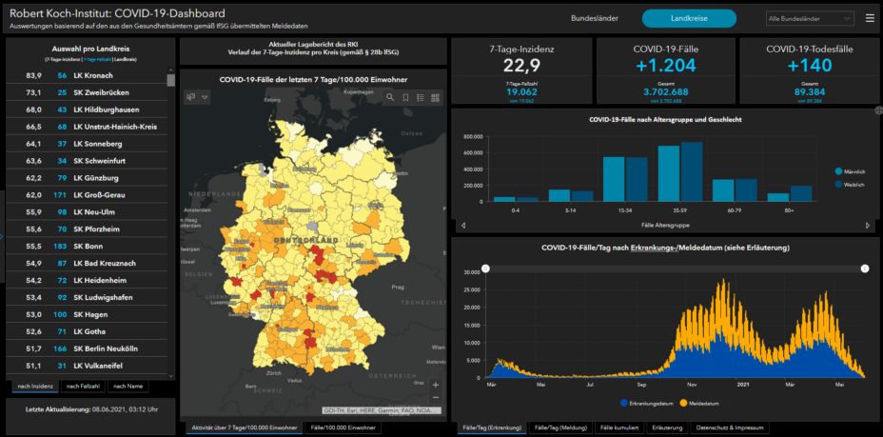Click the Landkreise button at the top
(688, 18)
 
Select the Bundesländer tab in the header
(596, 18)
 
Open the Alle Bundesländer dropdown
(809, 18)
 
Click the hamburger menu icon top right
(870, 18)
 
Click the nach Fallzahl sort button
(82, 386)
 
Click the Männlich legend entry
(852, 170)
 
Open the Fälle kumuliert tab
(620, 428)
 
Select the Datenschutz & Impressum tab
(730, 428)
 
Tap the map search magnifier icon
(390, 97)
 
